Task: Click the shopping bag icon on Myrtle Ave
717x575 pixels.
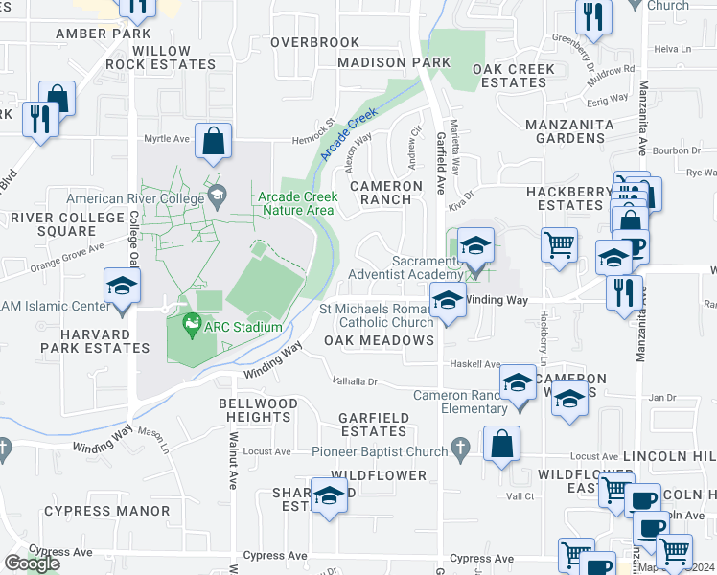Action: [214, 142]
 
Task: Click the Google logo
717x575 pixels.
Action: [32, 563]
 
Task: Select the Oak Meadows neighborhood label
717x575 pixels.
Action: [379, 340]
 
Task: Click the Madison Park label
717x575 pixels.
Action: [393, 62]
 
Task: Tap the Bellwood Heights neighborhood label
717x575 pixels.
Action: [254, 410]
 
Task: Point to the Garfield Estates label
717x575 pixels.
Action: [375, 425]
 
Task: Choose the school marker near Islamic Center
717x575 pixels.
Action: [123, 287]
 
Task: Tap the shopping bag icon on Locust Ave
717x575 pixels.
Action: [501, 444]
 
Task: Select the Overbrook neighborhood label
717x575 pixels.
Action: [314, 42]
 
